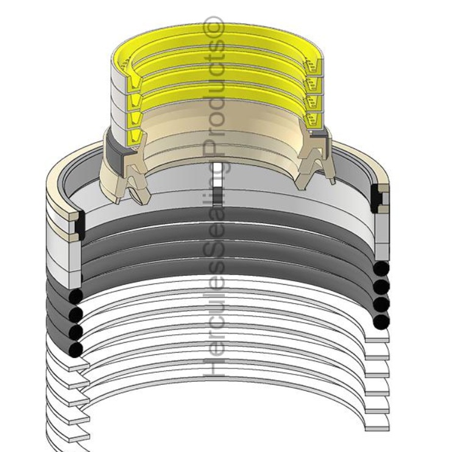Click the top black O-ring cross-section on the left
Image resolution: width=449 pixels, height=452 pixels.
tap(76, 296)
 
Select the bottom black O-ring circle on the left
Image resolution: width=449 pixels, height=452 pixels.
tap(76, 349)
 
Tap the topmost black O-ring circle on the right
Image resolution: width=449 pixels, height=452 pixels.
tap(381, 269)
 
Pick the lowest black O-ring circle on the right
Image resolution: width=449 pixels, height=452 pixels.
tap(381, 321)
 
